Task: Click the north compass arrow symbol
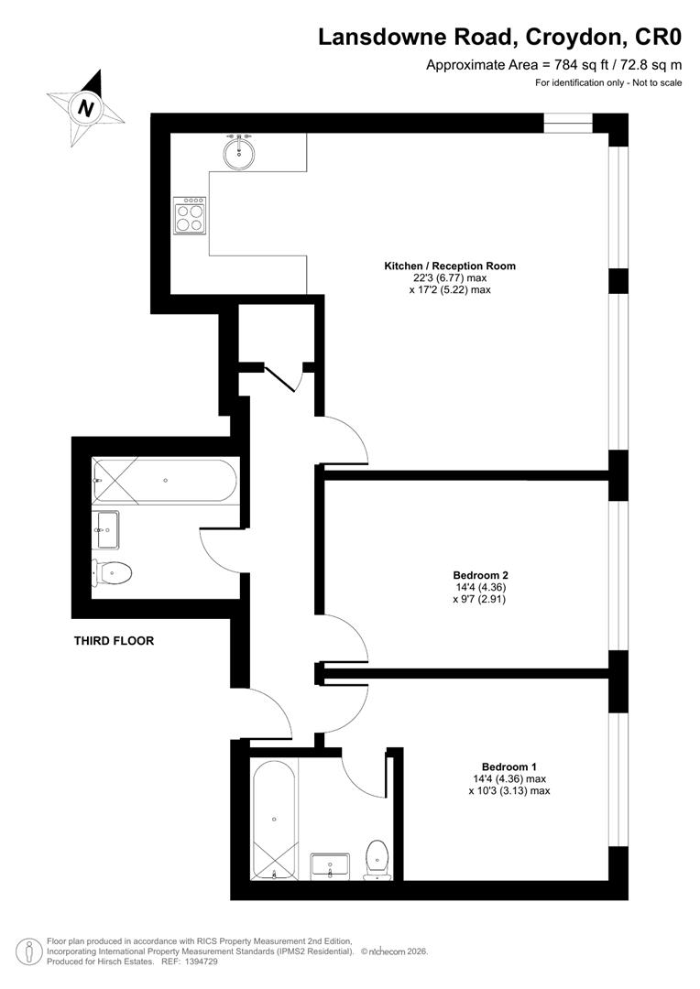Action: [87, 107]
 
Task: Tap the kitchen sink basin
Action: [240, 151]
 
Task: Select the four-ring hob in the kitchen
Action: [191, 216]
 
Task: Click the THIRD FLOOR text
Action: [114, 641]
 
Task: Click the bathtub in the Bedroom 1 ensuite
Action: [274, 817]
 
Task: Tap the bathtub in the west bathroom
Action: [165, 480]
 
